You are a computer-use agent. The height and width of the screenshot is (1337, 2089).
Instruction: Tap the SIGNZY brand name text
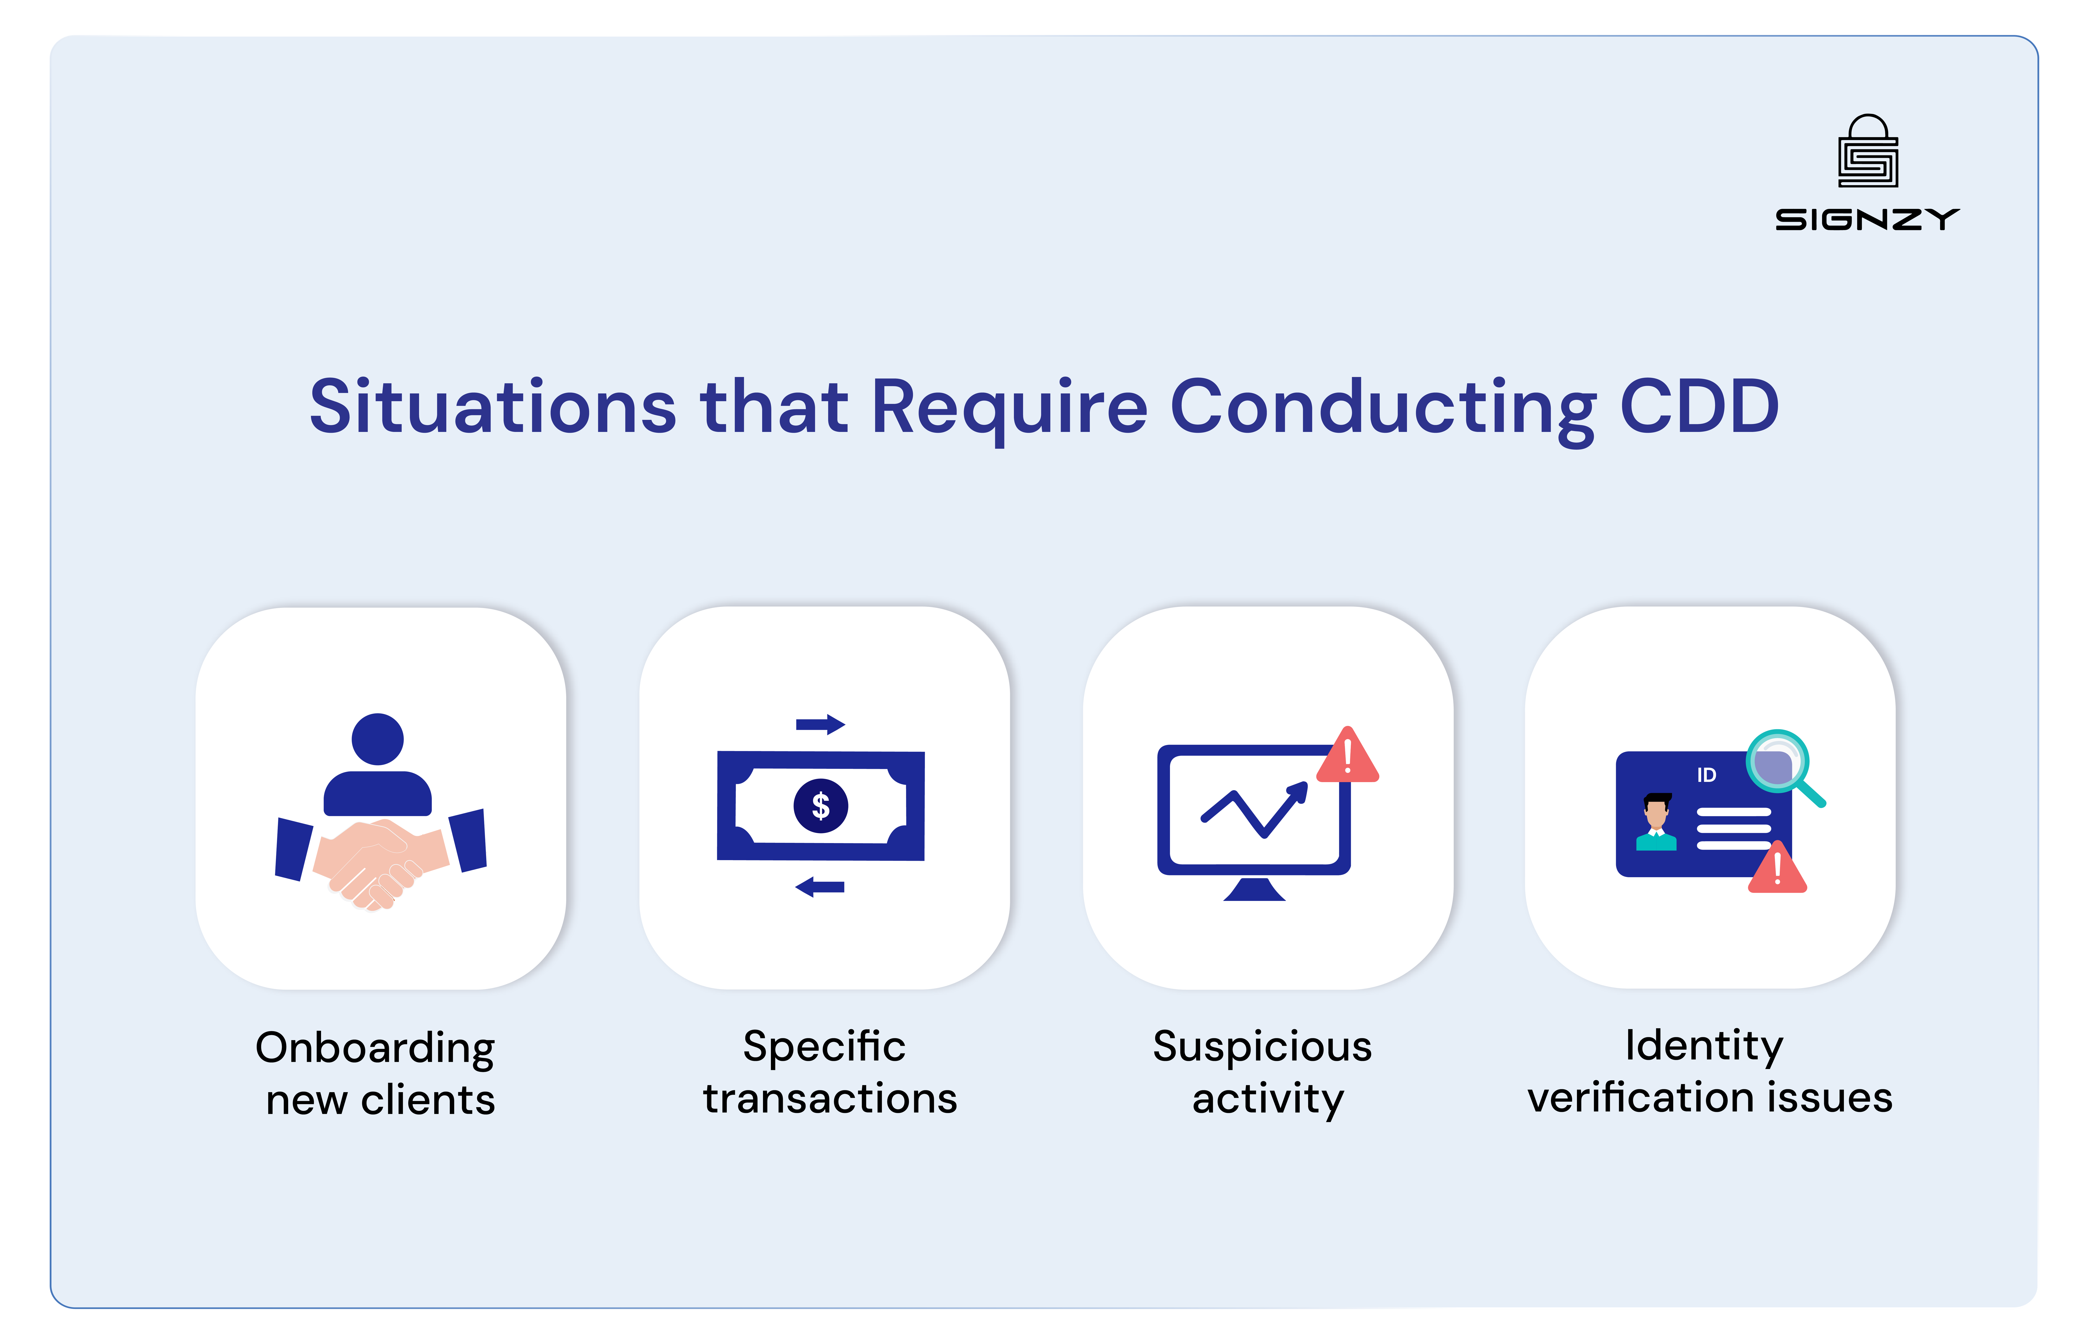pyautogui.click(x=1867, y=220)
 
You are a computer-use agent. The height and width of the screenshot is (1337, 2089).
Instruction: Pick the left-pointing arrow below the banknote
pyautogui.click(x=820, y=886)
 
